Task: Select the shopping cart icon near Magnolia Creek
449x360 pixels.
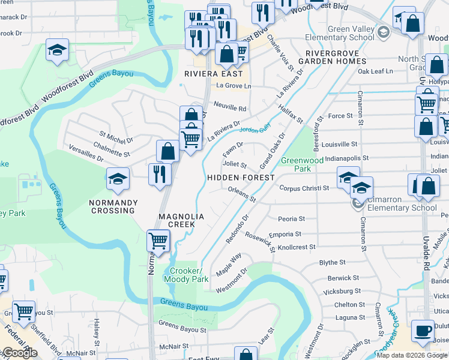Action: pos(158,241)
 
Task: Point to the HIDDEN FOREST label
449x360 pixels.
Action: pos(241,178)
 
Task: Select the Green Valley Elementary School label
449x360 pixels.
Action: pos(352,34)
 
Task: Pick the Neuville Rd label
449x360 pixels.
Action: pos(230,109)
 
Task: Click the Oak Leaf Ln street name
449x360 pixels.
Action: pos(375,71)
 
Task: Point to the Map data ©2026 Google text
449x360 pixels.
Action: pos(412,355)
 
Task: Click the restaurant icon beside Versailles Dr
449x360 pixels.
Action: pos(159,174)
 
